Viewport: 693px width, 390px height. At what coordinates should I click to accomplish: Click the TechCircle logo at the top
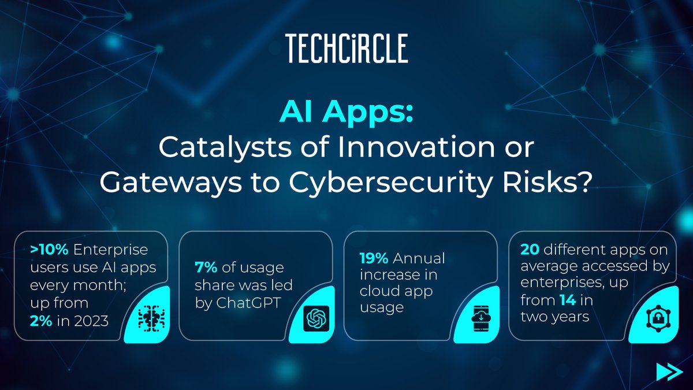[346, 48]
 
